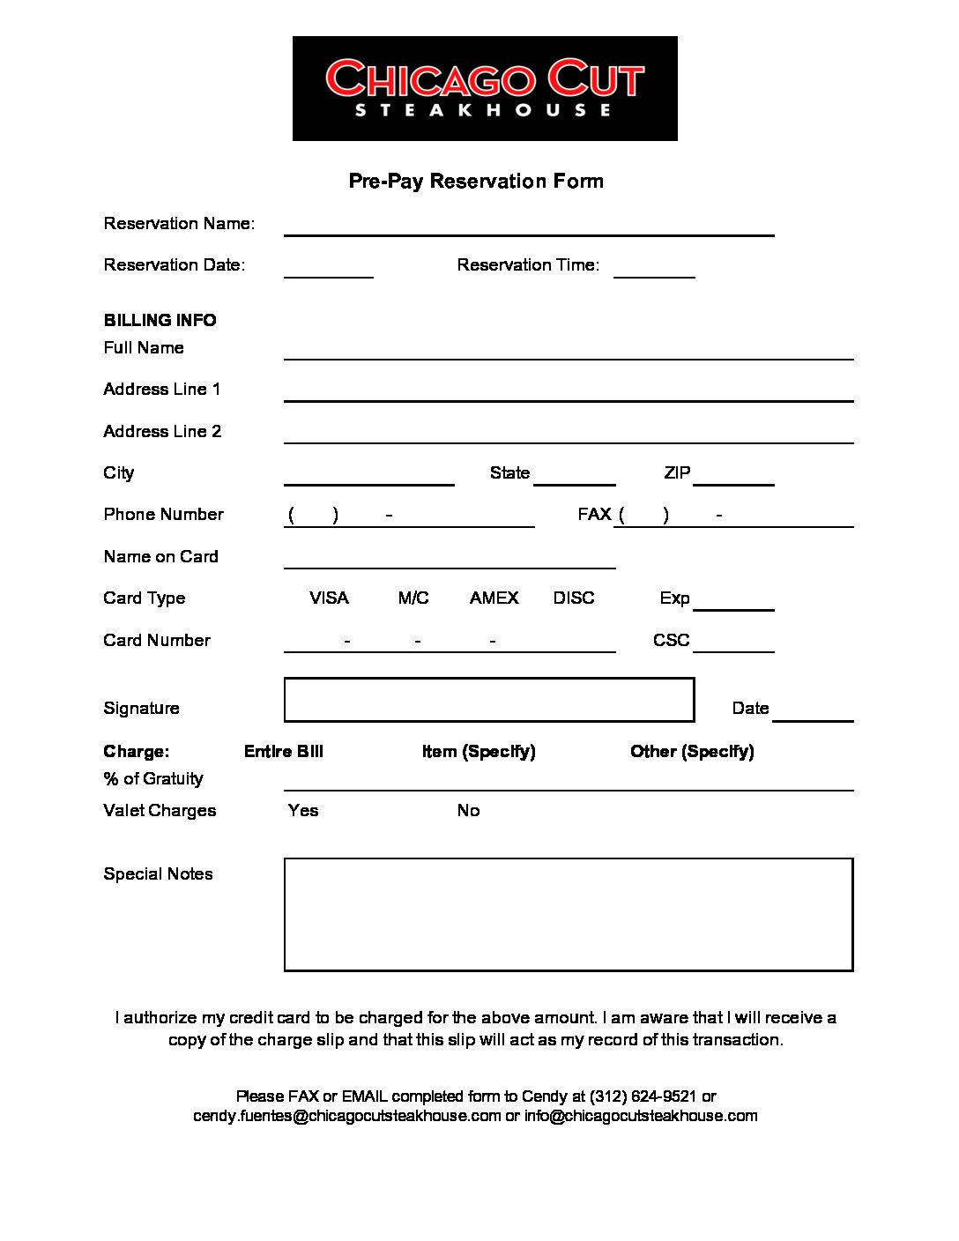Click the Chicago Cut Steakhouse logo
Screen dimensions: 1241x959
point(485,88)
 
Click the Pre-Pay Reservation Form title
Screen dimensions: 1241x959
point(476,181)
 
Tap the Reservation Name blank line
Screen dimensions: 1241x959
point(529,227)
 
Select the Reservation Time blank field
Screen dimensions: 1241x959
point(654,269)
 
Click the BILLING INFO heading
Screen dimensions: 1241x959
point(160,320)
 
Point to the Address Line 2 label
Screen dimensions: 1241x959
point(162,431)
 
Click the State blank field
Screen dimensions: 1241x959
point(575,476)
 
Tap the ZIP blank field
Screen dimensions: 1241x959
point(733,476)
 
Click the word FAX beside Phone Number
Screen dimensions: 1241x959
point(594,515)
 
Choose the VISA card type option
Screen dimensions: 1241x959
point(329,598)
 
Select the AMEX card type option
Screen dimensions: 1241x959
point(494,598)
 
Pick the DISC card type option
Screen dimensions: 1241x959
point(574,598)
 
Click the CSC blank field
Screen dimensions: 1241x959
point(733,643)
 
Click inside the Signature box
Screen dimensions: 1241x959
point(489,700)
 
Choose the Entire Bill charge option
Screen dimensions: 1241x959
point(284,752)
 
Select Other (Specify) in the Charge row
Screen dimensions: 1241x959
point(692,752)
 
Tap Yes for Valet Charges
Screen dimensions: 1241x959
point(303,810)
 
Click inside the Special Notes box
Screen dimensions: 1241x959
point(569,914)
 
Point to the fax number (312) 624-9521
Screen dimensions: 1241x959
point(643,1096)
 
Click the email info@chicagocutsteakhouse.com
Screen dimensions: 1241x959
point(641,1116)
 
